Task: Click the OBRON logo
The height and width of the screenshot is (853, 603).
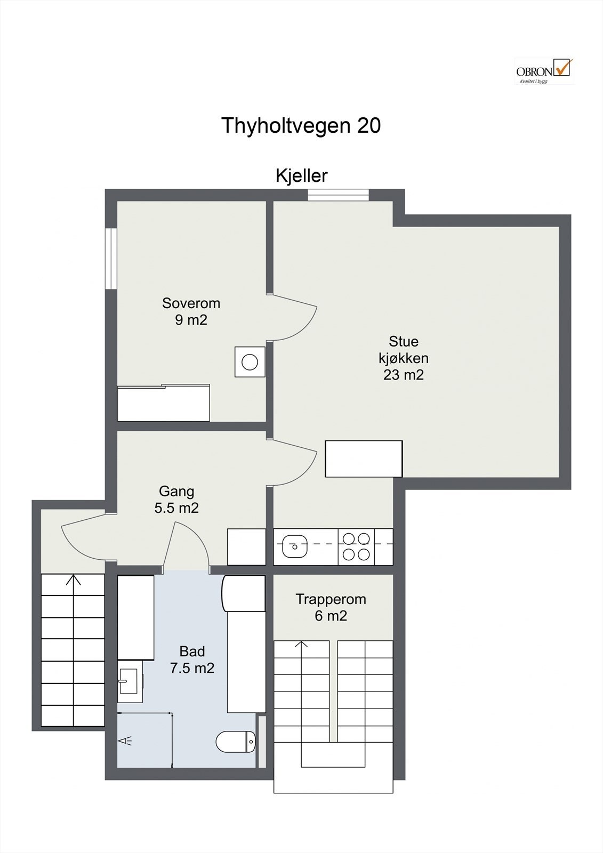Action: (x=544, y=71)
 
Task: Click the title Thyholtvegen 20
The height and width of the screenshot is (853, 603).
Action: (x=301, y=126)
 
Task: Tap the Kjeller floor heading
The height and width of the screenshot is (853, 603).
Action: (x=301, y=175)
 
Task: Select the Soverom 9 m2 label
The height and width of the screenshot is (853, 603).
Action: (x=191, y=311)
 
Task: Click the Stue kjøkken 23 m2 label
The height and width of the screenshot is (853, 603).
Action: (x=403, y=358)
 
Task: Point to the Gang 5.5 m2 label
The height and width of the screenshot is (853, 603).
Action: (x=176, y=500)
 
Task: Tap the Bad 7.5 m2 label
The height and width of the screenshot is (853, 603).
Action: (x=192, y=659)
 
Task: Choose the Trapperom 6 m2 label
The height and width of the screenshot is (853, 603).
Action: (x=331, y=607)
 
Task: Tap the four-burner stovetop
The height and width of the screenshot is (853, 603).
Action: (x=356, y=547)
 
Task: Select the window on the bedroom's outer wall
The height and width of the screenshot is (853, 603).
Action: (x=110, y=259)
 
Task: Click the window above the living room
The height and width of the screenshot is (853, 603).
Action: (x=338, y=195)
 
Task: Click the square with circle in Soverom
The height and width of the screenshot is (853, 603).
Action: (x=250, y=362)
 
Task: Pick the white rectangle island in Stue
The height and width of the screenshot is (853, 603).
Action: (x=364, y=458)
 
